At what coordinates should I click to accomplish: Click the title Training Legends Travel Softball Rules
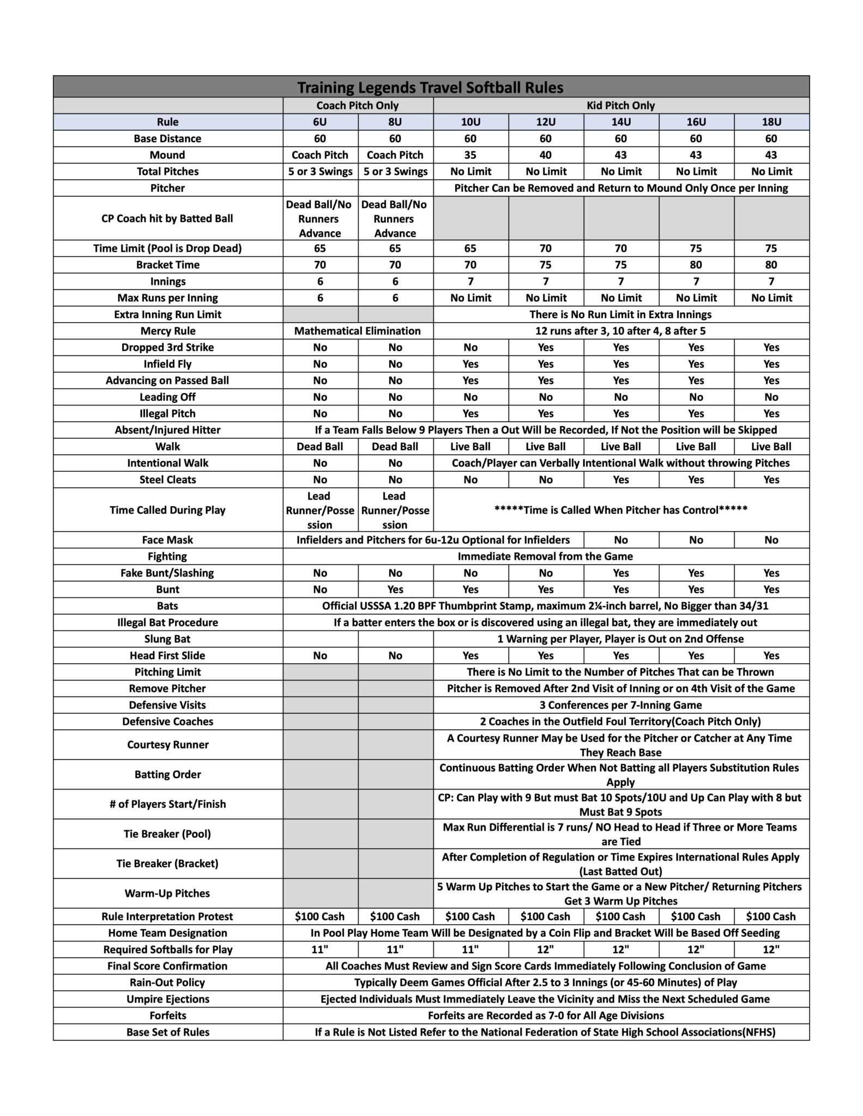coord(430,87)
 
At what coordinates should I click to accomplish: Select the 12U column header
coord(545,122)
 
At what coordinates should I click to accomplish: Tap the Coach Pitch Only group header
coord(358,106)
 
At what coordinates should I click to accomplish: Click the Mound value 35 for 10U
coord(470,155)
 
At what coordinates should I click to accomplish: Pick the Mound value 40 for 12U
coord(545,155)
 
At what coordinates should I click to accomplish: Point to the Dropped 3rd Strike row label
coord(167,348)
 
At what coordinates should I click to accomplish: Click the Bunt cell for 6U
coord(320,590)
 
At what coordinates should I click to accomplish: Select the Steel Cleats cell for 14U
coord(620,480)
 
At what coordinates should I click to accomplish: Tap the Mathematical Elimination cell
coord(358,331)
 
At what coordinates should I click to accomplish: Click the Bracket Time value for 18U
coord(771,265)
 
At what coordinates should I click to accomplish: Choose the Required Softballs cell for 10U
coord(470,950)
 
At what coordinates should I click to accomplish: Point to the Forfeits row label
coord(167,1016)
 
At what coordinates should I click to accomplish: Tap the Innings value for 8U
coord(395,282)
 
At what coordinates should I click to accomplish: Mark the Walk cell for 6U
coord(320,447)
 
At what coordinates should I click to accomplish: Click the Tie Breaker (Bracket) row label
coord(167,864)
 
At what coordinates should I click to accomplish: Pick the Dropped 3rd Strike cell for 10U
coord(470,348)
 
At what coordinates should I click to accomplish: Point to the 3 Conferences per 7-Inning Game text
coord(620,705)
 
